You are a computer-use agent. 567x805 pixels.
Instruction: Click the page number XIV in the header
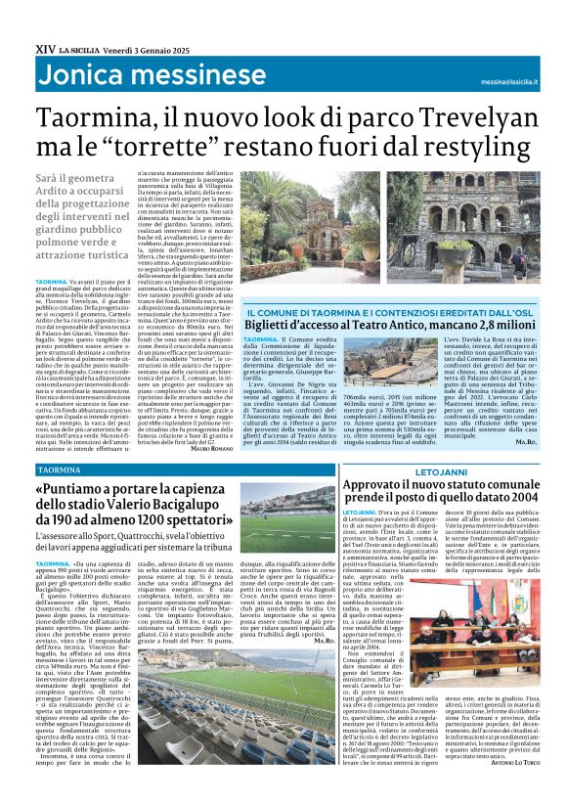point(44,48)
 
